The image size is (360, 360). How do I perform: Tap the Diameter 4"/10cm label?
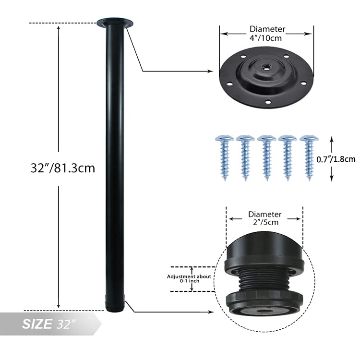[267, 34]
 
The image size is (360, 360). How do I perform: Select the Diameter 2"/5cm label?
[265, 218]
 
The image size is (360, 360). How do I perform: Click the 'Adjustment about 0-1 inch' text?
[189, 279]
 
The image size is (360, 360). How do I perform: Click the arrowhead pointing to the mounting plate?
[210, 71]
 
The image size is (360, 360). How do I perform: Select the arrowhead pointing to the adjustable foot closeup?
[210, 312]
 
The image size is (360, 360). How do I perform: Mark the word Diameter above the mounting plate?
[267, 29]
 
